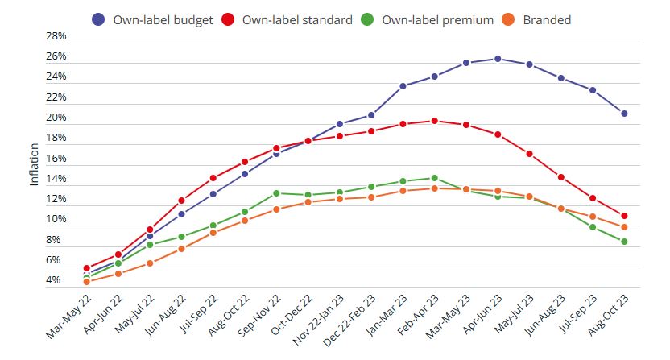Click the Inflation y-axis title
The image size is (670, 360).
pos(34,164)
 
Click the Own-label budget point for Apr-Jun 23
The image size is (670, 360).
pos(498,59)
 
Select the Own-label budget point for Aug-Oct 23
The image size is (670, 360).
pos(624,114)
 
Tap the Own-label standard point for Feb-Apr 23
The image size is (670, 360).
pos(434,121)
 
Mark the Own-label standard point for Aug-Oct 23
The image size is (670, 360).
pos(624,215)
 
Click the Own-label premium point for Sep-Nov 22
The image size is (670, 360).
pos(276,193)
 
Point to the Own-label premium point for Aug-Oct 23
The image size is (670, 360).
pos(624,242)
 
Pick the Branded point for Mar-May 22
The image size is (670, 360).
pos(86,282)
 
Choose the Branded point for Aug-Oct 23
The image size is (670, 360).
pos(624,227)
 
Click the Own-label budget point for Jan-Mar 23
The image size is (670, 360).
pos(403,86)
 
